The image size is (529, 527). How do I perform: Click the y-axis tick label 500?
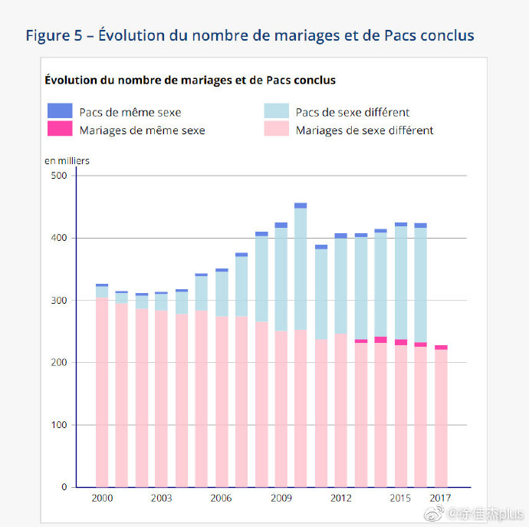pos(59,176)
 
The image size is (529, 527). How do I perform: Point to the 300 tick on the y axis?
pos(59,301)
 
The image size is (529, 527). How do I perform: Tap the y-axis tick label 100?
pos(59,425)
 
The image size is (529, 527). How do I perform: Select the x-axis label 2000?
pos(102,498)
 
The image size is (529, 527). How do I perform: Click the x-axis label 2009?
pos(281,498)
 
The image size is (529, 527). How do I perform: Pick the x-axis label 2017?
pos(440,498)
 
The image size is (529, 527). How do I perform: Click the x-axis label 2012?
pos(340,498)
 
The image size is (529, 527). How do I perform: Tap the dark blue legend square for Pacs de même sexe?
pos(59,110)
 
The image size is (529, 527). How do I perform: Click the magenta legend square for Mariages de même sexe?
pos(59,129)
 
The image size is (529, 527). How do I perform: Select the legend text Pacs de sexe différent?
pos(353,112)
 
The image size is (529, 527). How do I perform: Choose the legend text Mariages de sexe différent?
pos(364,130)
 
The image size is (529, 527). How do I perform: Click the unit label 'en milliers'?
pos(67,160)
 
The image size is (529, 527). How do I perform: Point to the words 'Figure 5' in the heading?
pos(54,35)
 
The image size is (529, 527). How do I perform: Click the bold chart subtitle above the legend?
pos(190,80)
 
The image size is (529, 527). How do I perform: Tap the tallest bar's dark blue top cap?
pos(301,206)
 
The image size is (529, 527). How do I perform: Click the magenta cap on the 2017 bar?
pos(440,347)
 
